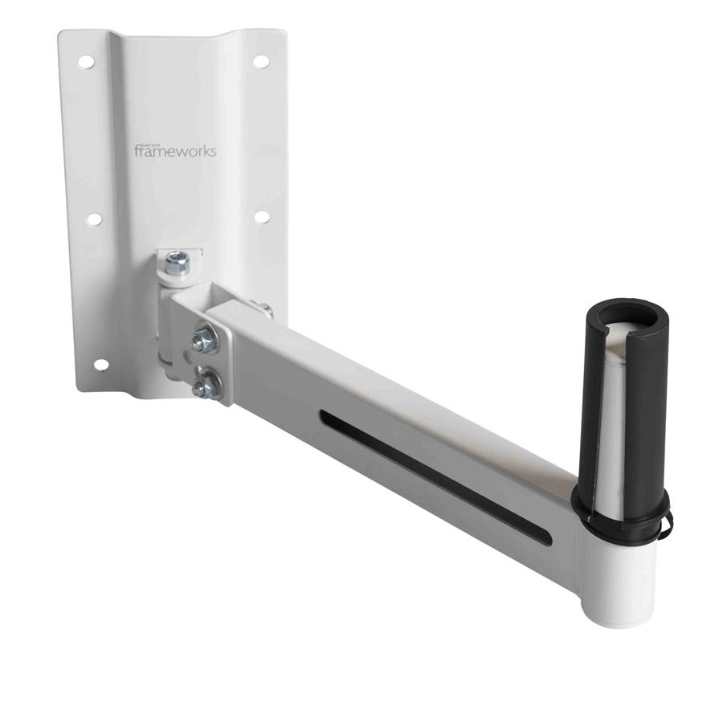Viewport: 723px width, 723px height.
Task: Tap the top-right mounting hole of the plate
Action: coord(260,61)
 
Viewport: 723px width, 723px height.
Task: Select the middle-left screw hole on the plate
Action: coord(94,219)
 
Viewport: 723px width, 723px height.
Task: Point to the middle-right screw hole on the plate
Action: coord(261,217)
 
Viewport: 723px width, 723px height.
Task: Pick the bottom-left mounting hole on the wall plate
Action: coord(100,364)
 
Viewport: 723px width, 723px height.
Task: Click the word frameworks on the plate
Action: coord(175,151)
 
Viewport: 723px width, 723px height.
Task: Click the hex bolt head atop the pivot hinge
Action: coord(178,262)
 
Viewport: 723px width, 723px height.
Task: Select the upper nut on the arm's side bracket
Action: coord(204,341)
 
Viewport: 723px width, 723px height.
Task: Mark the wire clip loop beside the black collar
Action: coord(667,522)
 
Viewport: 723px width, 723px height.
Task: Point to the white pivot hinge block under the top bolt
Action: coord(170,321)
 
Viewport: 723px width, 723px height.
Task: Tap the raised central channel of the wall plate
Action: coord(177,96)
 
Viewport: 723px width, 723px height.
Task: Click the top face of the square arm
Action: coord(402,386)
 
